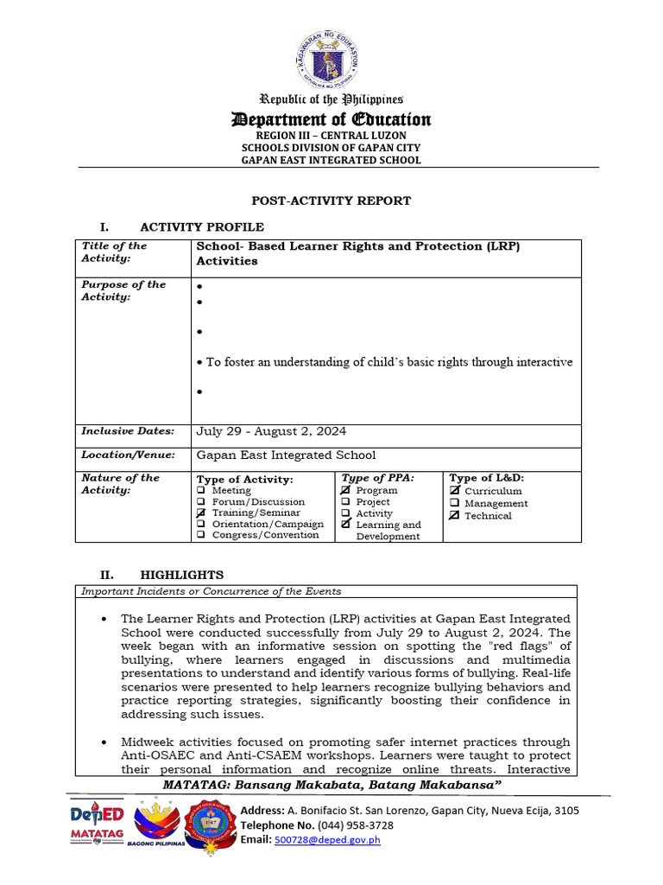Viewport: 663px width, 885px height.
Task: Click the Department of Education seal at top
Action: coord(331,56)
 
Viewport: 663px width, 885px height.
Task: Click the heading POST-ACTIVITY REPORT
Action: coord(331,201)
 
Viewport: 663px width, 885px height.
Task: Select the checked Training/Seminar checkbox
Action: coord(201,513)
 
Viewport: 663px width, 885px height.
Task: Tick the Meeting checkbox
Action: coord(201,490)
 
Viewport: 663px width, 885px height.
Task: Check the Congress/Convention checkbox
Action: coord(201,535)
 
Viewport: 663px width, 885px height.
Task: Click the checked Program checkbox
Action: coord(346,490)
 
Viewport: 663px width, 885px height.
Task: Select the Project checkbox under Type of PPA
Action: coord(346,501)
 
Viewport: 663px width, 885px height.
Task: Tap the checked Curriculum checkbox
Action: coord(455,491)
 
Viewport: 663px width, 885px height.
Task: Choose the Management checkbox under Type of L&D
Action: coord(455,503)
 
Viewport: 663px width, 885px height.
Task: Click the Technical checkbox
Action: coord(455,515)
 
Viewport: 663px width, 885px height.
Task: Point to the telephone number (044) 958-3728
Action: coord(357,825)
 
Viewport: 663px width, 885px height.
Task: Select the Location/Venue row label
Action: coord(129,455)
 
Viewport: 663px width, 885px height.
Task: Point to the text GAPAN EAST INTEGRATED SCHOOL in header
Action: coord(331,160)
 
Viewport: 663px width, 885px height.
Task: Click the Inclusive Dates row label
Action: coord(128,431)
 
